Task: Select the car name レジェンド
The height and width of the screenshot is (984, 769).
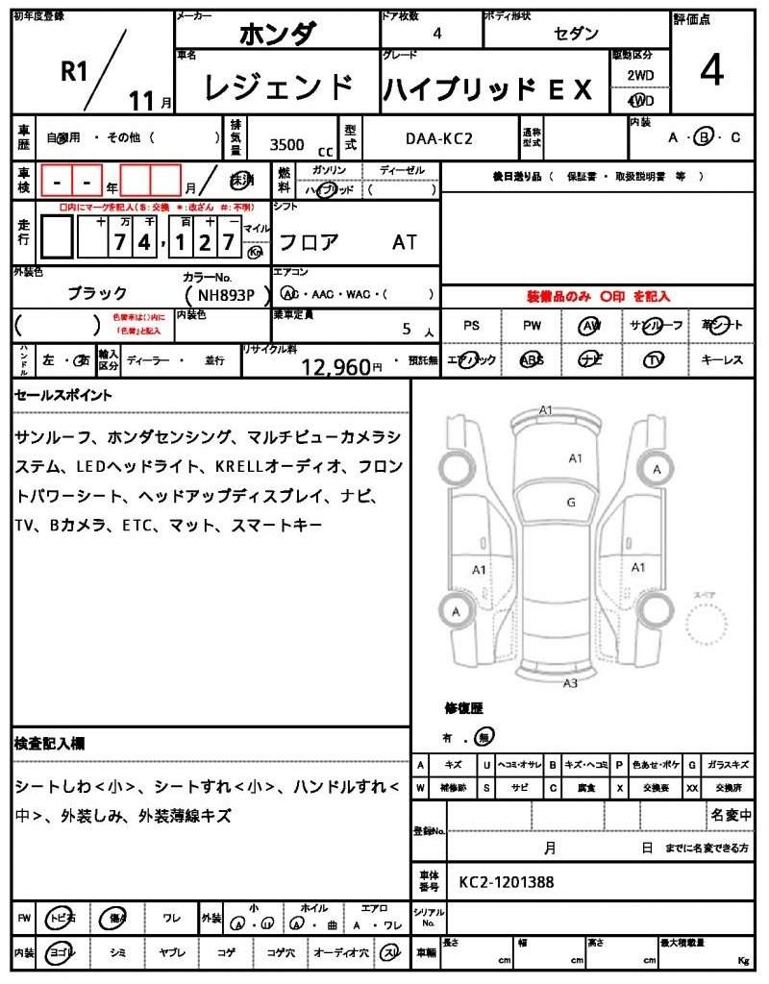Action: pos(279,88)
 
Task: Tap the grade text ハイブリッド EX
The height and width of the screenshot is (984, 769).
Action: pos(488,89)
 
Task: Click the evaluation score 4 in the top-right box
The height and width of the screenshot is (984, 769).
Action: pos(712,72)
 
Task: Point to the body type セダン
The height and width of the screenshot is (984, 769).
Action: pos(576,34)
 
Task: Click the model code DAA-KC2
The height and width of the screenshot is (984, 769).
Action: pos(438,138)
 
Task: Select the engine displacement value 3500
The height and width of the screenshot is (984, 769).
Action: pos(286,145)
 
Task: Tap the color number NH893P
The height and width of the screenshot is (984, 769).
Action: pos(220,295)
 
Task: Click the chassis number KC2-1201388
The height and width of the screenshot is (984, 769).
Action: pos(506,881)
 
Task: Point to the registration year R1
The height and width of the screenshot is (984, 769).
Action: pos(74,70)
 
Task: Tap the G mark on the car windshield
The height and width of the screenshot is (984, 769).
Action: pos(571,502)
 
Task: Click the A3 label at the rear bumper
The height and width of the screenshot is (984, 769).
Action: pos(570,683)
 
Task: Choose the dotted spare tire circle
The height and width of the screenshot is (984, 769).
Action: pos(713,628)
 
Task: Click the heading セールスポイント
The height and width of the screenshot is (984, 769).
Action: pos(63,395)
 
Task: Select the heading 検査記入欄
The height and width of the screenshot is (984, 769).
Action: pos(50,743)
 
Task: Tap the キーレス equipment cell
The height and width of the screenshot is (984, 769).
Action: pos(722,359)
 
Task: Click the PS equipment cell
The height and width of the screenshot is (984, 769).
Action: pos(471,326)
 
